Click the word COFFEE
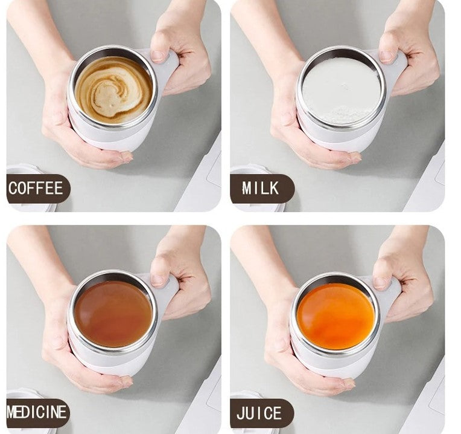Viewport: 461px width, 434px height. [x=36, y=188]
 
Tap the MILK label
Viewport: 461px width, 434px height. [x=261, y=188]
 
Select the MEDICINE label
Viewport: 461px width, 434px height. [x=36, y=412]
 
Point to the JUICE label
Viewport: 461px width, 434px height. [x=259, y=413]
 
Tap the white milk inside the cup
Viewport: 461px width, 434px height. [x=341, y=91]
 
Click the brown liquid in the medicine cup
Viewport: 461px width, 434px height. [x=113, y=314]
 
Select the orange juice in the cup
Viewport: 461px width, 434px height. [x=336, y=317]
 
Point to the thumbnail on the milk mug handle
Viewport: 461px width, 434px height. [x=386, y=56]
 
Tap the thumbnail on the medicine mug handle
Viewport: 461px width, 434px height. [x=158, y=280]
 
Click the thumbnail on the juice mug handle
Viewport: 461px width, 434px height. [x=380, y=282]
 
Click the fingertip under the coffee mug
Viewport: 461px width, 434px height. [x=126, y=158]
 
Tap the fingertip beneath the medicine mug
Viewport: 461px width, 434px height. [x=126, y=382]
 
